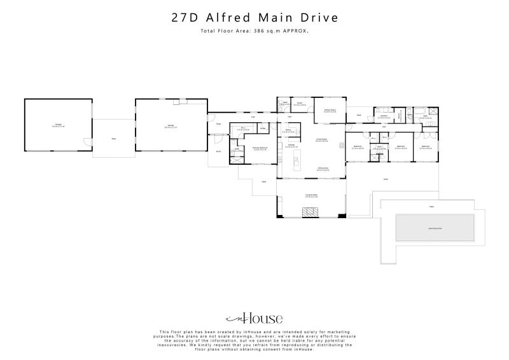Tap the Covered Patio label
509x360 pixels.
pyautogui.click(x=311, y=196)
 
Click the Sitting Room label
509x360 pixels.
pyautogui.click(x=330, y=111)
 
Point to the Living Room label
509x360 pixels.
pyautogui.click(x=322, y=140)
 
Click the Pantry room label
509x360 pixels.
pyautogui.click(x=288, y=131)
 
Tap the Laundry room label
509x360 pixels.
pyautogui.click(x=384, y=116)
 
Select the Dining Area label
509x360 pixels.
pyautogui.click(x=323, y=169)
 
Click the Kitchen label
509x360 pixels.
pyautogui.click(x=290, y=146)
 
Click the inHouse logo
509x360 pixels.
pyautogui.click(x=254, y=318)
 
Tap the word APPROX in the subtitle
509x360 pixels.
pyautogui.click(x=296, y=30)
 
